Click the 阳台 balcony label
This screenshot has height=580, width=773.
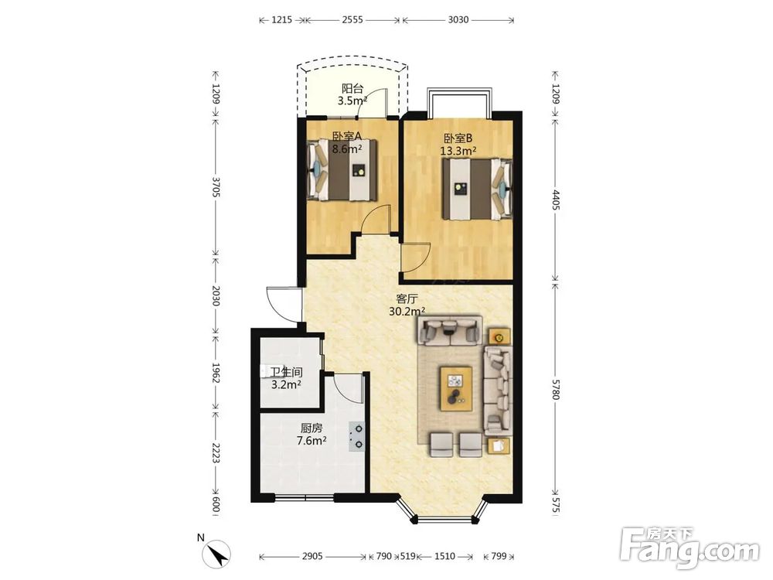pos(352,89)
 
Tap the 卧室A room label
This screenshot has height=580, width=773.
pos(347,135)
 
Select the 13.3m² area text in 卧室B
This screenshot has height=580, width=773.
pos(458,151)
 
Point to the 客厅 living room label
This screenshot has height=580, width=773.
pos(407,299)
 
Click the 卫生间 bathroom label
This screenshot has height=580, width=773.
pos(287,373)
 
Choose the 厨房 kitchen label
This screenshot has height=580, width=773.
pos(312,428)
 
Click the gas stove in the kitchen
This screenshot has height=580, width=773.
pos(357,436)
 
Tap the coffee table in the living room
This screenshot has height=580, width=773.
pos(456,388)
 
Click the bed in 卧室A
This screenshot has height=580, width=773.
pos(342,170)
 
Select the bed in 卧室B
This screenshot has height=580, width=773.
pos(477,189)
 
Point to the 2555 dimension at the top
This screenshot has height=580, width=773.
pos(352,20)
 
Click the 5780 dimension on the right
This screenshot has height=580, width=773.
pos(556,390)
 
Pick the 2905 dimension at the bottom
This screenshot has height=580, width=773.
pos(312,556)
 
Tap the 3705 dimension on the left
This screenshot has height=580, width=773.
pos(216,187)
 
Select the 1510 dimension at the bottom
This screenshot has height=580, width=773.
pos(444,556)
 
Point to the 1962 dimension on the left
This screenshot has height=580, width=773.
pos(216,374)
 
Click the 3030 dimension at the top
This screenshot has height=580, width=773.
pos(458,20)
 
